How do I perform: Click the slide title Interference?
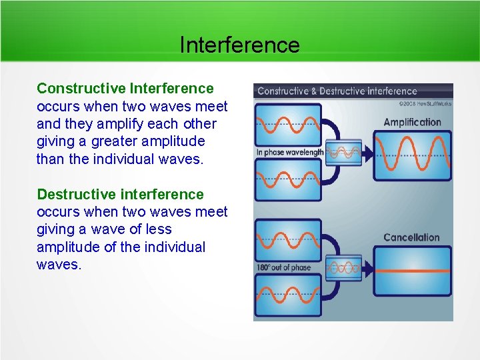[239, 45]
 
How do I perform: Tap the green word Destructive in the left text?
[77, 194]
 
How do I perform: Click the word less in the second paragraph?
[159, 229]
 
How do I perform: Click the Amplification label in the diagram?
[412, 122]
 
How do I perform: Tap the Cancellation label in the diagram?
[411, 237]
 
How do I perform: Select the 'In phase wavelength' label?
[289, 153]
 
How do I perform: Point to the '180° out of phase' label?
[283, 267]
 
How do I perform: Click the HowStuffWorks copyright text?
[425, 103]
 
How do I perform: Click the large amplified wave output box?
[412, 156]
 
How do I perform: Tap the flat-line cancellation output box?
[412, 271]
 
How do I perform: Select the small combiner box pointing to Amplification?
[343, 151]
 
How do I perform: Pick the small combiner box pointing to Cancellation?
[343, 267]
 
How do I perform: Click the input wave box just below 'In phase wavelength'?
[289, 180]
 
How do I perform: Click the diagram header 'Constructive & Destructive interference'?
[337, 91]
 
